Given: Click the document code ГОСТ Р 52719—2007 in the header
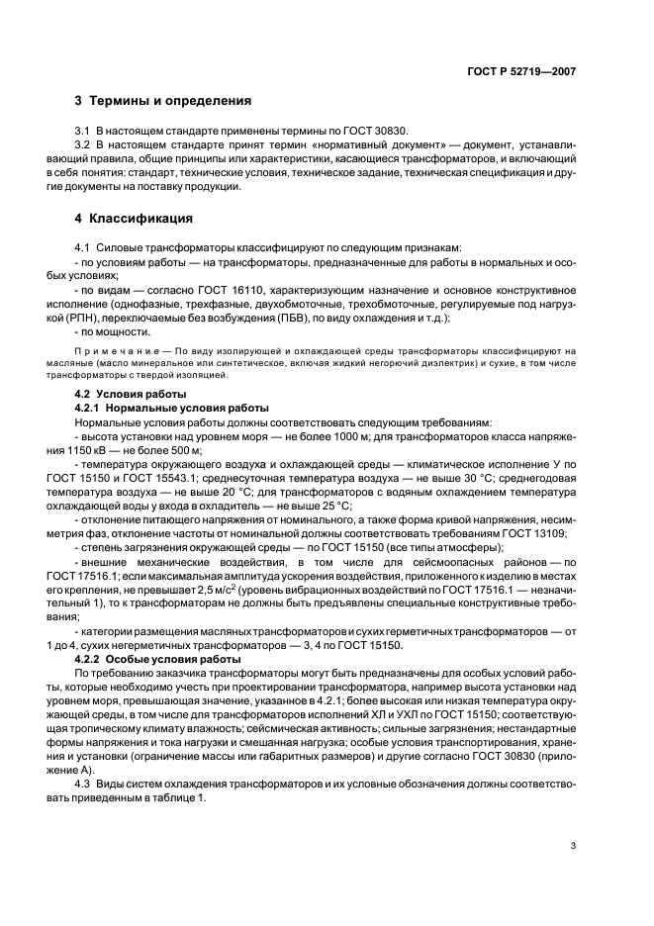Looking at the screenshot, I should click(x=524, y=71).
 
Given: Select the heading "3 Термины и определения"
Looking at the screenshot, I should click(x=162, y=101).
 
